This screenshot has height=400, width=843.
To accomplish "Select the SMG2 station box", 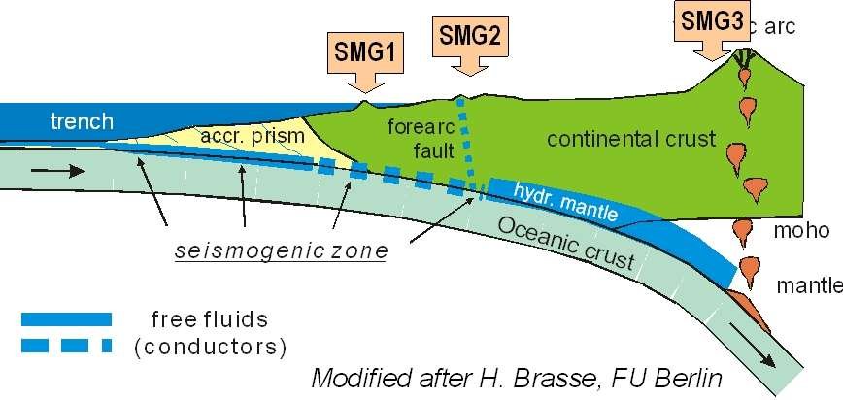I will pyautogui.click(x=470, y=36).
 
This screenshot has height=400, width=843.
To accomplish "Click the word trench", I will pyautogui.click(x=83, y=122).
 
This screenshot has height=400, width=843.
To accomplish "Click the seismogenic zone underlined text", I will pyautogui.click(x=281, y=251).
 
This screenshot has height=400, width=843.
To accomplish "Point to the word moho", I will pyautogui.click(x=801, y=231).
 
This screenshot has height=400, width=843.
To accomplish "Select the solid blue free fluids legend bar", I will pyautogui.click(x=65, y=318).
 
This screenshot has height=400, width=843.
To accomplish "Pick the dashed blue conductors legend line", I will pyautogui.click(x=65, y=345).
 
